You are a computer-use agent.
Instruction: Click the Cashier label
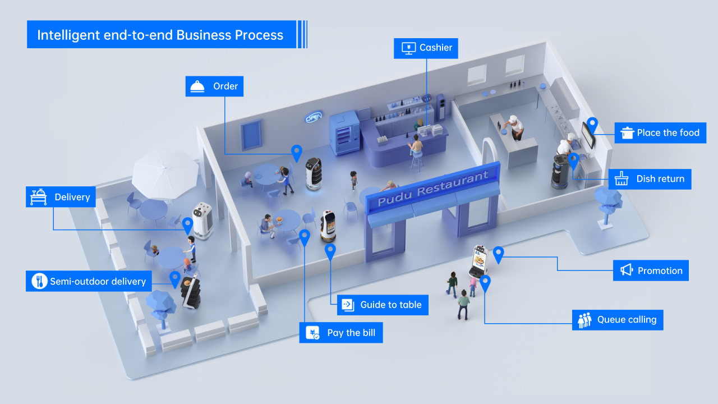click(x=426, y=48)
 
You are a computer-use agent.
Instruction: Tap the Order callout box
click(x=214, y=86)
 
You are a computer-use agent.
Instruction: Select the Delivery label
click(x=61, y=197)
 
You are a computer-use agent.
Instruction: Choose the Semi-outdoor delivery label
click(x=89, y=281)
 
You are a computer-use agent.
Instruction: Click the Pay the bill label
click(x=341, y=333)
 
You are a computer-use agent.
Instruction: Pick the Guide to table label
click(x=383, y=305)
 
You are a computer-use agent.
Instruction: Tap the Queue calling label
click(x=618, y=320)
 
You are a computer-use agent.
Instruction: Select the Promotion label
click(x=651, y=270)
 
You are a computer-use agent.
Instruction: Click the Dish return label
click(x=650, y=179)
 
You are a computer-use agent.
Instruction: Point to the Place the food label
click(x=660, y=133)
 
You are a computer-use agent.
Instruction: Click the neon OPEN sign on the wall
click(x=314, y=117)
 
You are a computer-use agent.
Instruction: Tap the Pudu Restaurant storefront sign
click(x=432, y=189)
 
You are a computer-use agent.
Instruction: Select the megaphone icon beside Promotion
click(x=626, y=270)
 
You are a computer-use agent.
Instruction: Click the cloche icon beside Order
click(x=197, y=86)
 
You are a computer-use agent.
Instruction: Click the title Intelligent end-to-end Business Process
click(x=161, y=35)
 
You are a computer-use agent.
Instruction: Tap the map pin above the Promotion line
click(x=498, y=254)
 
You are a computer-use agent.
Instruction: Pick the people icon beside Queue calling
click(x=584, y=320)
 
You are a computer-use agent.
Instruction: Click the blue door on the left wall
click(x=251, y=135)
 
